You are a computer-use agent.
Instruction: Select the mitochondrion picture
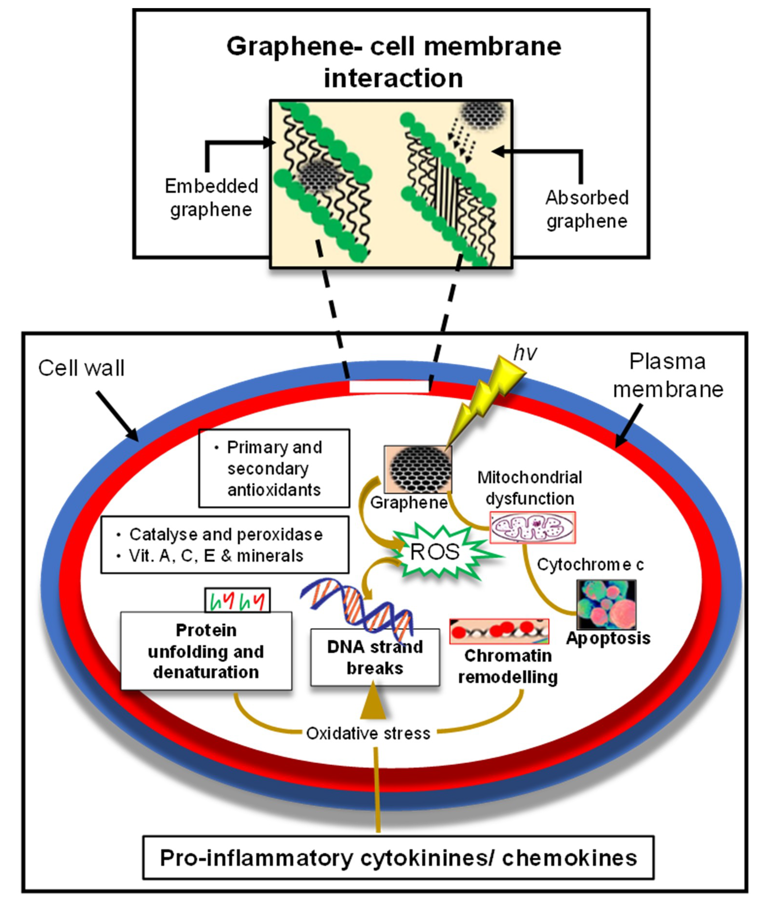point(533,527)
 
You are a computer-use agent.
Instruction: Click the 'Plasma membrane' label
point(668,375)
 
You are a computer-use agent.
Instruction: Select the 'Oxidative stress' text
point(368,733)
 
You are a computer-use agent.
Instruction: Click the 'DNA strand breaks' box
point(375,657)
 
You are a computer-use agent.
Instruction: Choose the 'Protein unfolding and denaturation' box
point(206,651)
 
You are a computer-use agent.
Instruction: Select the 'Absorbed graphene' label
point(587,209)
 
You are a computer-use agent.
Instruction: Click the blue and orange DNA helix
point(356,606)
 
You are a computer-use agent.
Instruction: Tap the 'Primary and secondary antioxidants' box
point(274,468)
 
